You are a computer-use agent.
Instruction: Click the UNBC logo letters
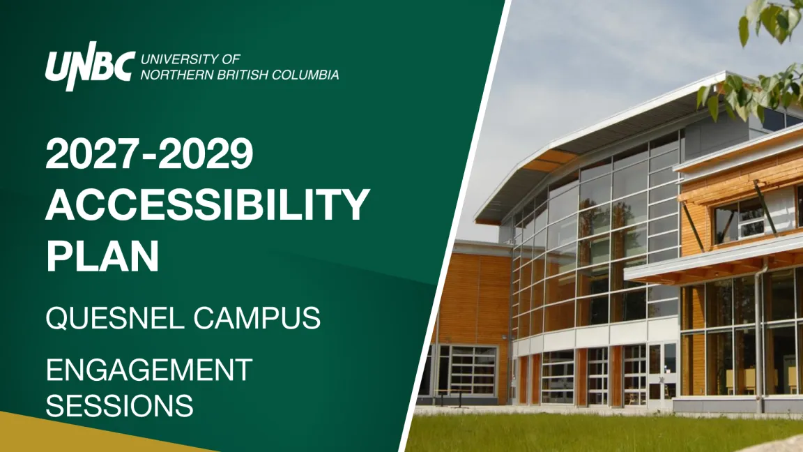(90, 66)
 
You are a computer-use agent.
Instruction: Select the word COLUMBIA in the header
(305, 75)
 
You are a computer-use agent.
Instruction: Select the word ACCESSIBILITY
(208, 204)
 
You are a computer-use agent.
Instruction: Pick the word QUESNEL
(115, 318)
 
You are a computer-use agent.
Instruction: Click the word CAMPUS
(257, 318)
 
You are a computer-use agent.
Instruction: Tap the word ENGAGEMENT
(149, 370)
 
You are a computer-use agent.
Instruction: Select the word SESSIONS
(120, 405)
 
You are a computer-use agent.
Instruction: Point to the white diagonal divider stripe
(456, 225)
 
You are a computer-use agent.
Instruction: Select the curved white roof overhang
(589, 146)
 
